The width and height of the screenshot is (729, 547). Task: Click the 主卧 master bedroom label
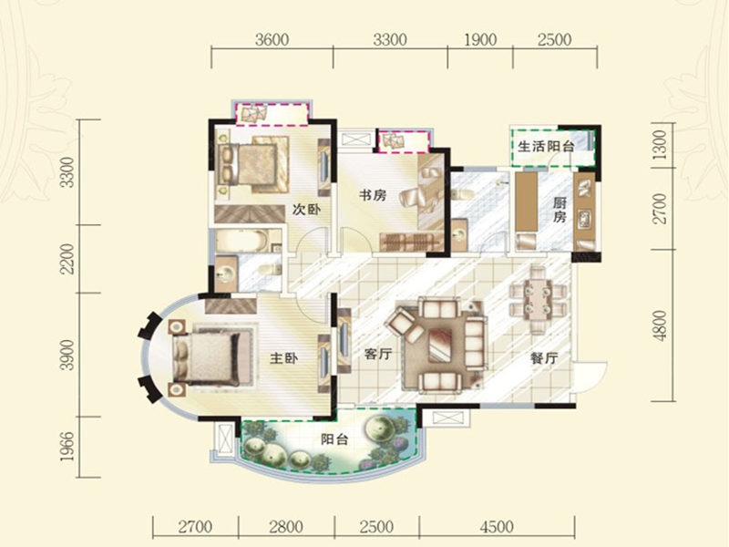coord(283,358)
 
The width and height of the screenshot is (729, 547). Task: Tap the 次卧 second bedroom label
coord(306,210)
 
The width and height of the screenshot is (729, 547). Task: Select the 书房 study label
coord(373,195)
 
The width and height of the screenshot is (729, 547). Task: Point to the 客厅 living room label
coord(378,355)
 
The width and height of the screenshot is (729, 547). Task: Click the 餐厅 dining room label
coord(544,358)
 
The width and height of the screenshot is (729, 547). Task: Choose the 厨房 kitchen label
coord(560,210)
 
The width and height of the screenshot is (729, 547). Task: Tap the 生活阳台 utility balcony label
coord(546,147)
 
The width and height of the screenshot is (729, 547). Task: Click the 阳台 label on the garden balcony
coord(334,439)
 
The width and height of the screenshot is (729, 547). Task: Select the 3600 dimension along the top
coord(272,39)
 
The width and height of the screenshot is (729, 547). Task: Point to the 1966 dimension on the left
coord(67,447)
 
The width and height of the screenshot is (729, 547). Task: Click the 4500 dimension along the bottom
coord(497,527)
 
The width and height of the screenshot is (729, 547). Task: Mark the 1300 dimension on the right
coord(659,144)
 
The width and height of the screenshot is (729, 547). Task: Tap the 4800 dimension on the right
coord(659,325)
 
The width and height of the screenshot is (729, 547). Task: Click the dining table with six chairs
coord(539,300)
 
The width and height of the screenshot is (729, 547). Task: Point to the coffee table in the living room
coord(439,345)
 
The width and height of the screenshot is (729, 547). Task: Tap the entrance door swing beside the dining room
coord(590,377)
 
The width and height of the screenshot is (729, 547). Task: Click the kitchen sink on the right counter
coord(584,219)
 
